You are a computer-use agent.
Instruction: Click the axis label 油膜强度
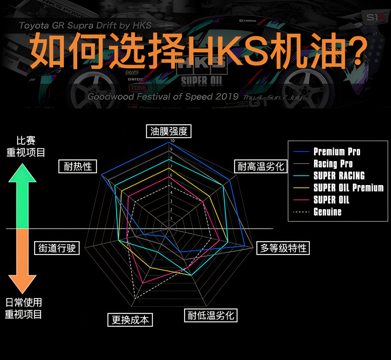pyautogui.click(x=168, y=131)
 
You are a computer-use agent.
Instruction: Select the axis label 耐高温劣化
pyautogui.click(x=261, y=167)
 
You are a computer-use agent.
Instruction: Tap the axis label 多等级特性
pyautogui.click(x=283, y=248)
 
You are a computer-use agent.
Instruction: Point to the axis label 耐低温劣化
pyautogui.click(x=210, y=315)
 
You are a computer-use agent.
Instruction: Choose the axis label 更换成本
pyautogui.click(x=130, y=320)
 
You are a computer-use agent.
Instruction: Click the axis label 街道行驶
pyautogui.click(x=57, y=248)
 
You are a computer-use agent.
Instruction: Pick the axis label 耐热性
pyautogui.click(x=78, y=167)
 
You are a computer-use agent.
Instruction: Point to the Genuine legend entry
pyautogui.click(x=327, y=212)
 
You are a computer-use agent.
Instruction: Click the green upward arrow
pyautogui.click(x=22, y=196)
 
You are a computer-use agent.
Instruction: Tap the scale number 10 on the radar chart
pyautogui.click(x=172, y=141)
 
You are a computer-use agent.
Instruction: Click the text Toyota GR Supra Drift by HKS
pyautogui.click(x=85, y=25)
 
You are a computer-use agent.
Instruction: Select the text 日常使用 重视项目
pyautogui.click(x=23, y=308)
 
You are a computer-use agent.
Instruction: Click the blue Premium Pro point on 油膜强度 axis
pyautogui.click(x=169, y=142)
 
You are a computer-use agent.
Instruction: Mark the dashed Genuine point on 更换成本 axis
pyautogui.click(x=135, y=298)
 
